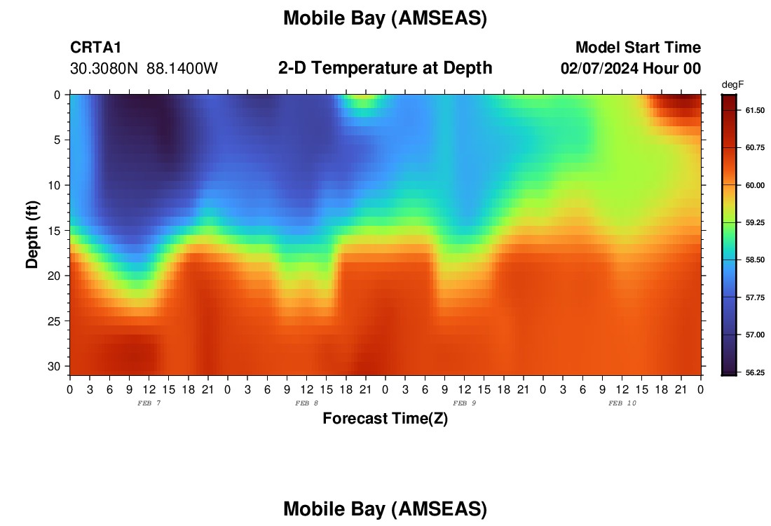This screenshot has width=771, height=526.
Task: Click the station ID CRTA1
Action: click(x=95, y=47)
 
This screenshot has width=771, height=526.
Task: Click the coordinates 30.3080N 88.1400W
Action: click(x=144, y=69)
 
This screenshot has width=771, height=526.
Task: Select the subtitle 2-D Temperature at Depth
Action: click(x=385, y=68)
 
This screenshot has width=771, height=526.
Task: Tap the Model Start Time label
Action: click(x=638, y=47)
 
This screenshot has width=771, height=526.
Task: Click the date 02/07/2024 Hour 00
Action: click(x=631, y=69)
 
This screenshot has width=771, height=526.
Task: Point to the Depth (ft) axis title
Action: click(x=32, y=234)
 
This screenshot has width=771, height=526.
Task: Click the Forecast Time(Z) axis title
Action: click(x=385, y=418)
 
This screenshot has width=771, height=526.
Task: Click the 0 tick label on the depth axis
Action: click(x=57, y=95)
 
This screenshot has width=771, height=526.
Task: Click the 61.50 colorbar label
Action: click(x=755, y=110)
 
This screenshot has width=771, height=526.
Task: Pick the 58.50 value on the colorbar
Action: click(x=755, y=259)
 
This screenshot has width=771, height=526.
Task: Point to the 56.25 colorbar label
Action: click(x=755, y=372)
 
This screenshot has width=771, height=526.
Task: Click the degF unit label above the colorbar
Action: click(x=732, y=85)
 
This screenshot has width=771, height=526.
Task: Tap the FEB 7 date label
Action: click(x=149, y=403)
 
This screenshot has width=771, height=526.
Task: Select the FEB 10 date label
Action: click(x=622, y=403)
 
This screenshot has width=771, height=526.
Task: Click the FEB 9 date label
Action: click(x=464, y=403)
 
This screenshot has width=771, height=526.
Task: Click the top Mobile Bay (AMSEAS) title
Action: click(x=385, y=18)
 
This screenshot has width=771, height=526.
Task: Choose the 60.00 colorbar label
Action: click(x=755, y=185)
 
